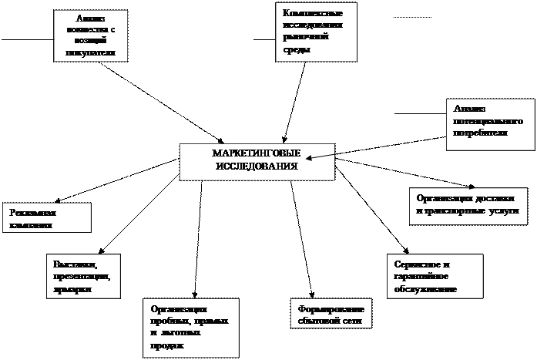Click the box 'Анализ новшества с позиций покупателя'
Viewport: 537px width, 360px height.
pyautogui.click(x=90, y=35)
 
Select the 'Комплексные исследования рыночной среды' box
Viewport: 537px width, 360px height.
pyautogui.click(x=317, y=32)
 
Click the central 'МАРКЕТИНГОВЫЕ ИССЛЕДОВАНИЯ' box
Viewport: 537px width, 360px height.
pyautogui.click(x=257, y=161)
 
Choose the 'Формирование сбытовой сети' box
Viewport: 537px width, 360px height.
pyautogui.click(x=327, y=315)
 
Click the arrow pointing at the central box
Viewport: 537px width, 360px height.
pyautogui.click(x=320, y=157)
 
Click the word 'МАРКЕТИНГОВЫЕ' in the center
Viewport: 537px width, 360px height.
pyautogui.click(x=257, y=153)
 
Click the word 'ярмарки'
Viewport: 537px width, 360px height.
pyautogui.click(x=73, y=290)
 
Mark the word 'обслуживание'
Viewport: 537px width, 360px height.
pyautogui.click(x=425, y=289)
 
